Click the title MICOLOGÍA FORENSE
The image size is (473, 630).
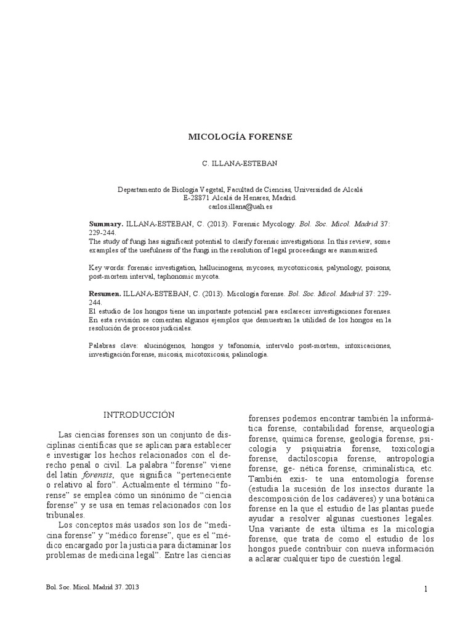(240, 136)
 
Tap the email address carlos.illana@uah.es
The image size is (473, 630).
(240, 207)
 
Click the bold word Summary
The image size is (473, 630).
(106, 225)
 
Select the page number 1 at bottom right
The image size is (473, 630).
(425, 589)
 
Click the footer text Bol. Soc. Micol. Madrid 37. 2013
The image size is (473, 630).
(93, 588)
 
